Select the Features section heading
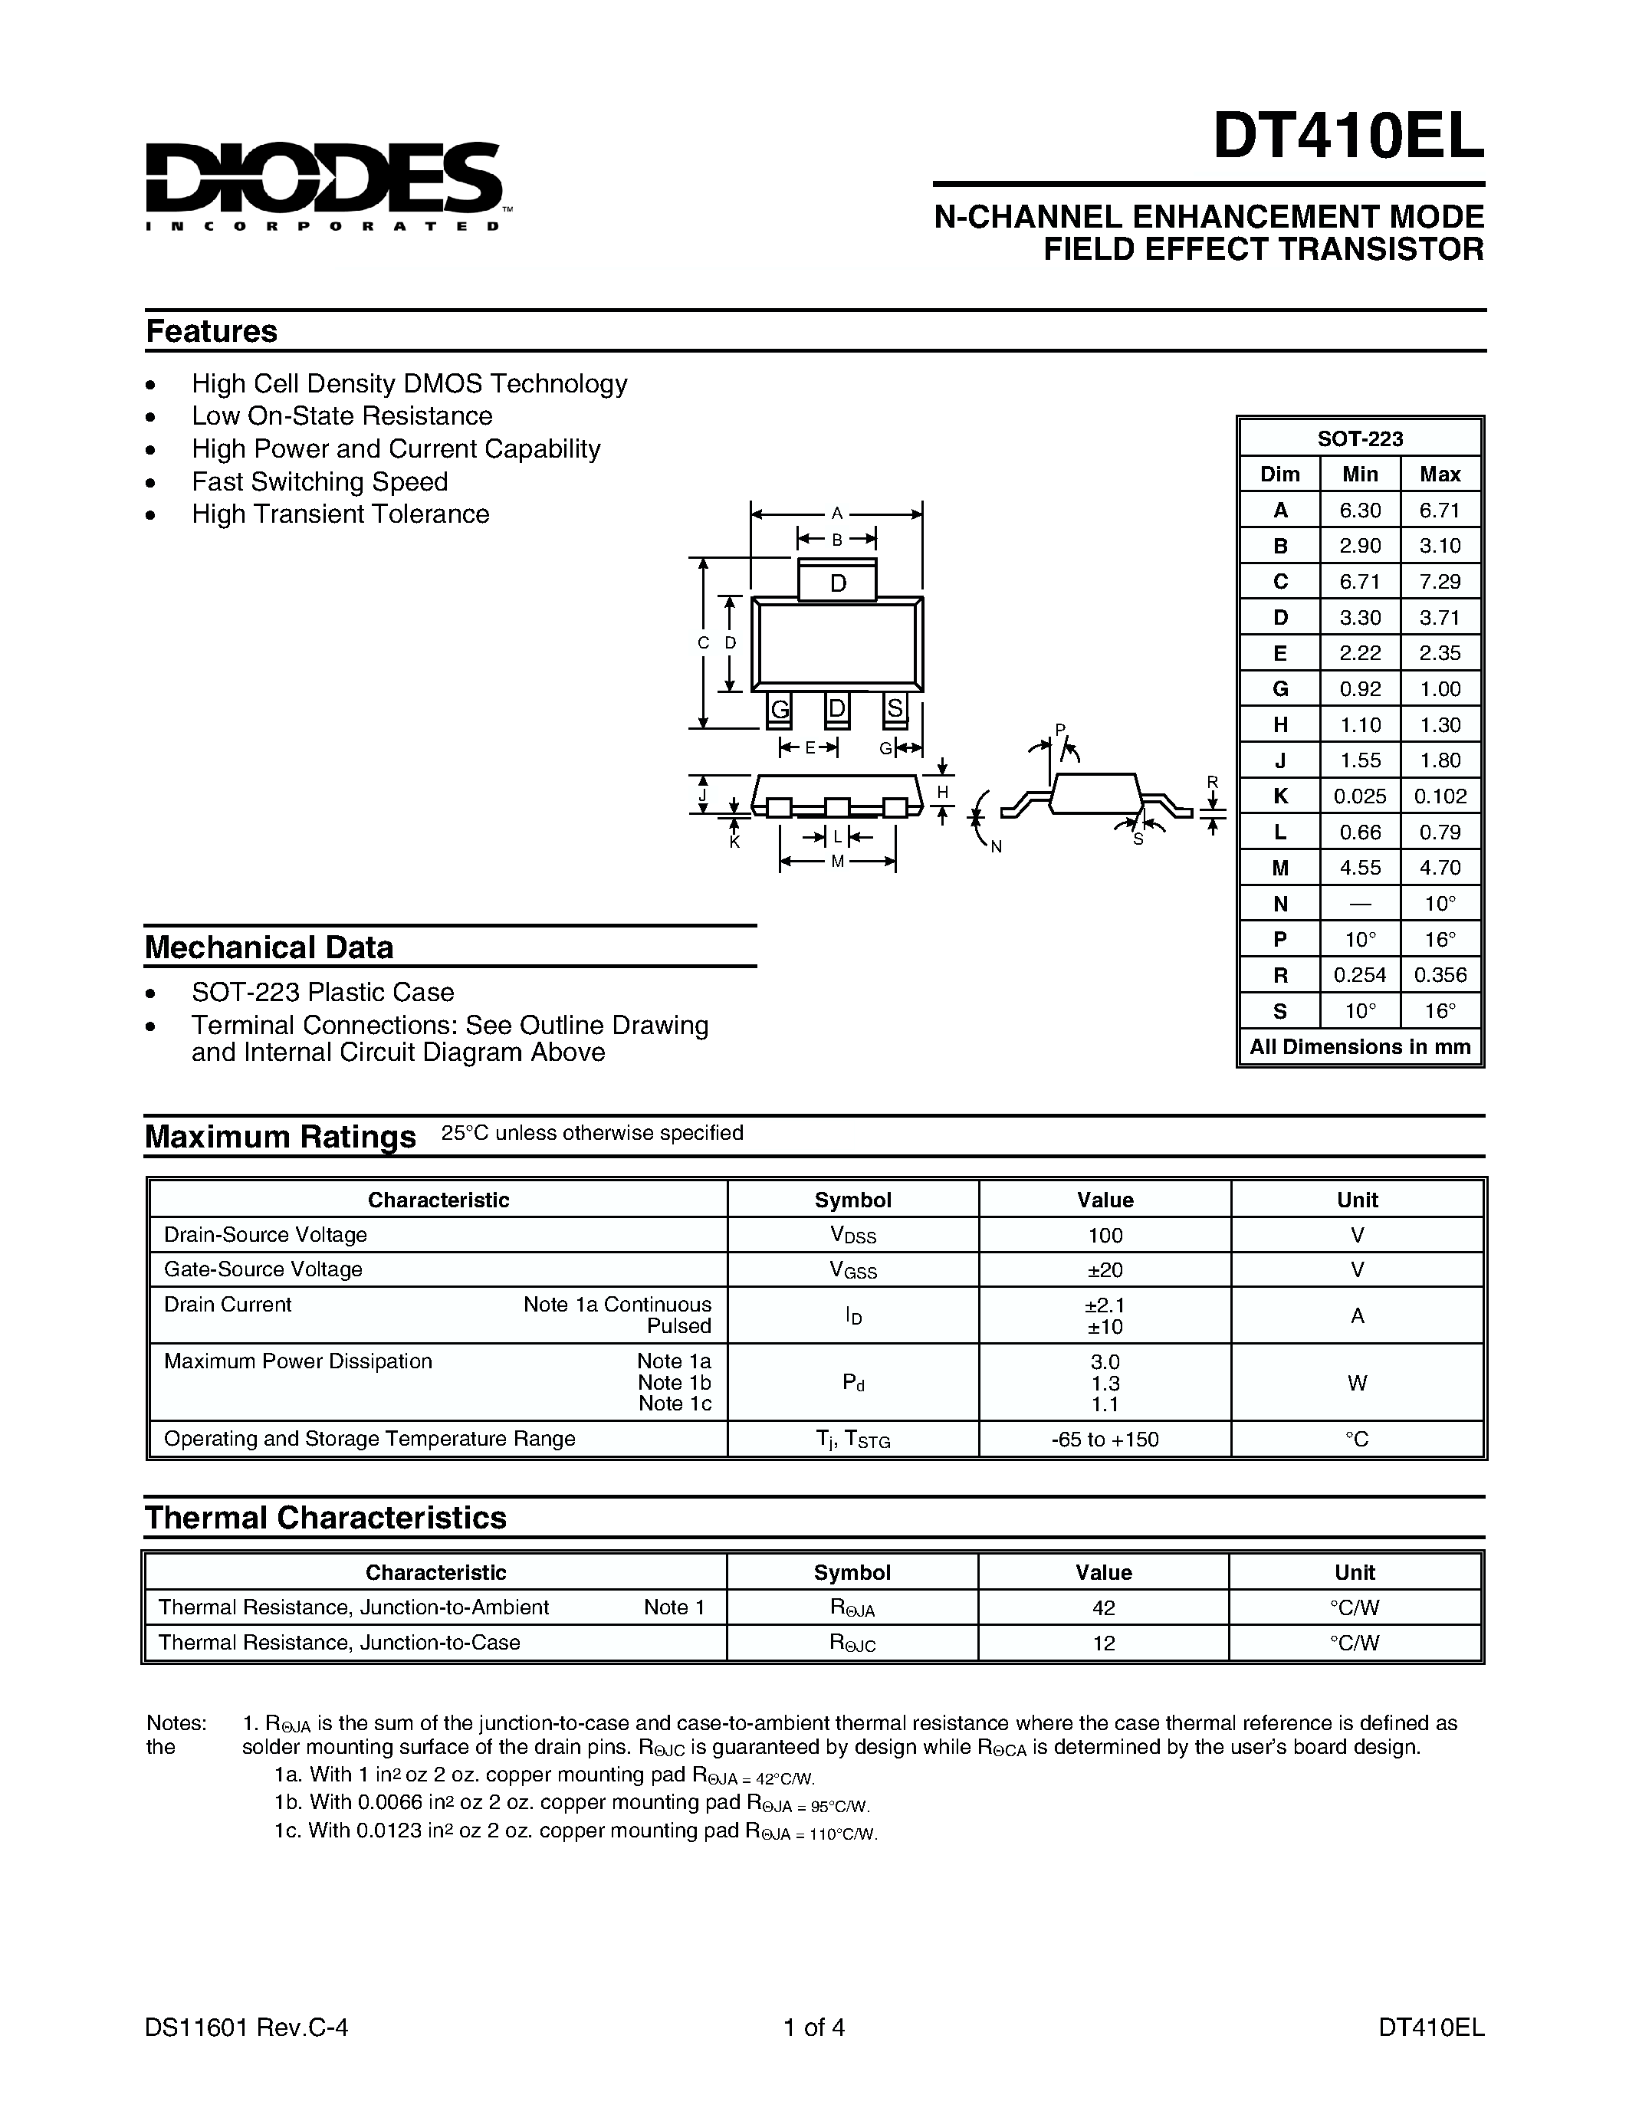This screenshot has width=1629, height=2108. coord(212,331)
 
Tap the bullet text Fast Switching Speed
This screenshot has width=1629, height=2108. coord(320,481)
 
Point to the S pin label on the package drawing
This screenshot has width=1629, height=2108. coord(895,708)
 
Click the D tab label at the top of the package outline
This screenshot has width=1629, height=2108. coord(836,583)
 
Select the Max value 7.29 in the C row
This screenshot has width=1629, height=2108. coord(1439,581)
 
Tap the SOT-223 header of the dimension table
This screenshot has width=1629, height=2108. coord(1359,438)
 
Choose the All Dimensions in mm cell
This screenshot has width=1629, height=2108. coord(1359,1046)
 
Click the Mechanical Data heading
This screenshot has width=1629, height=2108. coord(268,947)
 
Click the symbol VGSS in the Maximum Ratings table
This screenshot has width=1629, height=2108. coord(852,1270)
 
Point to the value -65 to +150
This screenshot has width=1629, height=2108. coord(1104,1439)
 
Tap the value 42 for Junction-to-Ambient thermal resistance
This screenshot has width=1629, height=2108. coord(1103,1607)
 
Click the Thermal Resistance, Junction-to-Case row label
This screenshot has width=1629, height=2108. coord(339,1642)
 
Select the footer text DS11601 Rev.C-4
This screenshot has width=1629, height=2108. coord(246,2027)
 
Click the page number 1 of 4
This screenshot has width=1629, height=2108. coord(813,2027)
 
